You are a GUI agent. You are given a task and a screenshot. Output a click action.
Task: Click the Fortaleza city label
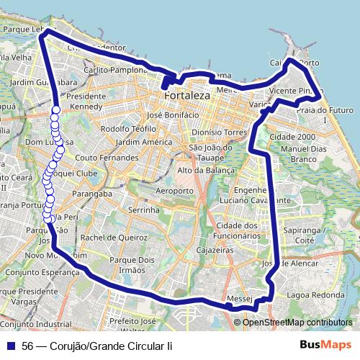coord(186,95)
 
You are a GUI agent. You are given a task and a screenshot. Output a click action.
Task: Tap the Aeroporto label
coord(175,191)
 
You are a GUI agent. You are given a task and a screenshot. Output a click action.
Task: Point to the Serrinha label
coord(141,210)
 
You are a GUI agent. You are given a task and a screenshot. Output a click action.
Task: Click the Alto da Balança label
coord(206,170)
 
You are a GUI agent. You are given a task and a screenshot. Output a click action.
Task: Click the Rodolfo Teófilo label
coord(128,128)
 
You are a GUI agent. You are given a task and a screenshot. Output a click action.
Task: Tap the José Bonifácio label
coord(171,114)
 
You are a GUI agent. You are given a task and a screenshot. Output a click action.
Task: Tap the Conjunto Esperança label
coord(33,273)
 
